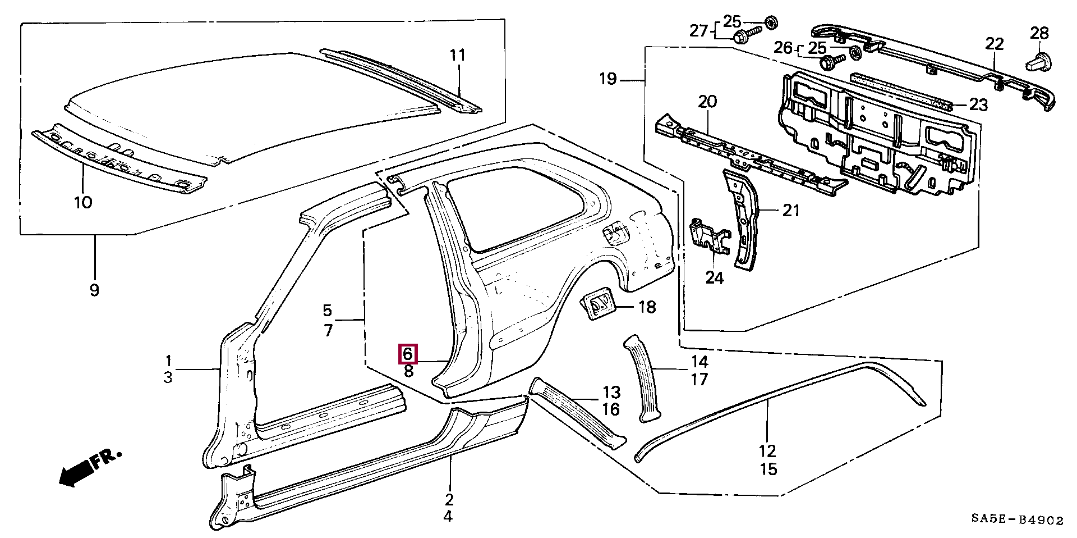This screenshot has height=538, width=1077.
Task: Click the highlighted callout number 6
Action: pyautogui.click(x=408, y=354)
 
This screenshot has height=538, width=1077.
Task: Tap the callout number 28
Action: pyautogui.click(x=1039, y=34)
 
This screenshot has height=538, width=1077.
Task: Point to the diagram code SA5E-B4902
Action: pyautogui.click(x=1018, y=520)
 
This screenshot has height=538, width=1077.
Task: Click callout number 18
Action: pyautogui.click(x=647, y=307)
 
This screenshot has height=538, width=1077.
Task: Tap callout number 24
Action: pyautogui.click(x=714, y=277)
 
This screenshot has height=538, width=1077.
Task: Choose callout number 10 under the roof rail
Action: pyautogui.click(x=83, y=202)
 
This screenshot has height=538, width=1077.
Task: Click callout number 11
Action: pyautogui.click(x=458, y=55)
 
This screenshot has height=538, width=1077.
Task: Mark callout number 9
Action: pyautogui.click(x=94, y=290)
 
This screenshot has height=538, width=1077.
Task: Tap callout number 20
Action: pyautogui.click(x=707, y=102)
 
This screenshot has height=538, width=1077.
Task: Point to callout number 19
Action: pyautogui.click(x=608, y=78)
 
